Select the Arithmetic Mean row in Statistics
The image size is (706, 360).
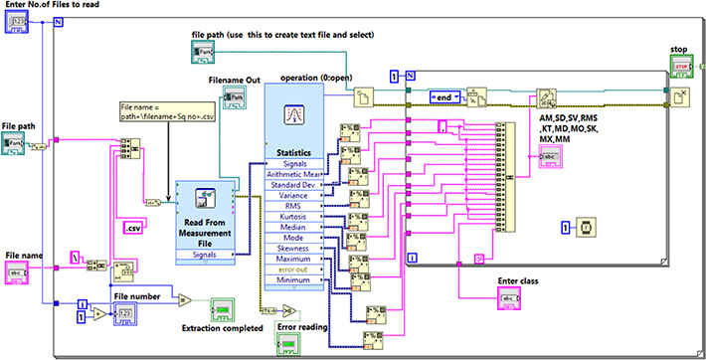294,175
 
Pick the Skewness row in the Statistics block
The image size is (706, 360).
294,249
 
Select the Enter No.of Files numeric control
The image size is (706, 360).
19,25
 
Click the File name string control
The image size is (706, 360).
19,270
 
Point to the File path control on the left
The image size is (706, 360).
18,144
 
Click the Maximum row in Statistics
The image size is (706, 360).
294,261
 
